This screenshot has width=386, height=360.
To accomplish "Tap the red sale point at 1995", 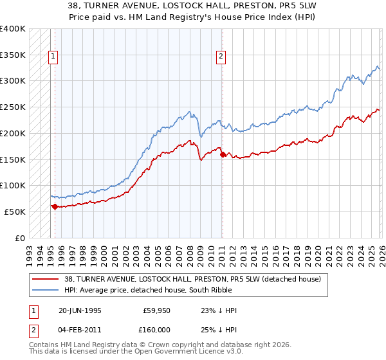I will click(x=55, y=206).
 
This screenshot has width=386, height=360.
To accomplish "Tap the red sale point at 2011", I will click(x=222, y=154).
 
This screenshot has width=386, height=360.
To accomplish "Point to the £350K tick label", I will click(x=13, y=55).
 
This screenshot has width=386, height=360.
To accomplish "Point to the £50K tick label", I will click(x=15, y=212).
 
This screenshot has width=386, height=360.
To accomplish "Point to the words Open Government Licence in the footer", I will click(x=158, y=353).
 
